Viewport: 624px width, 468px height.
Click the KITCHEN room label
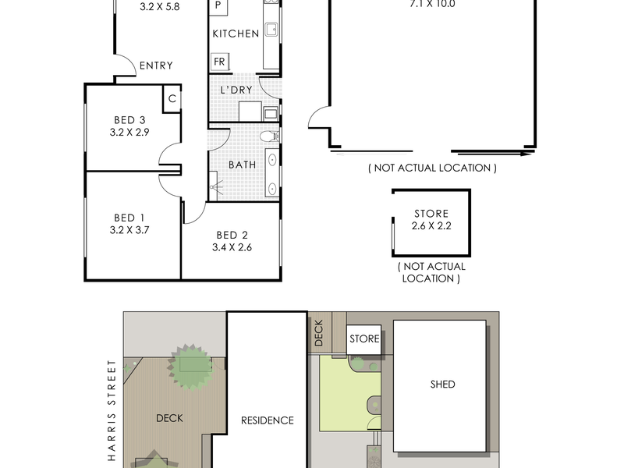click(236, 34)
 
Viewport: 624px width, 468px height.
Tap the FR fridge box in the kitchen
click(219, 62)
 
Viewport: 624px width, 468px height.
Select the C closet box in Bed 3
click(172, 98)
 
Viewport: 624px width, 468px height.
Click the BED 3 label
click(129, 120)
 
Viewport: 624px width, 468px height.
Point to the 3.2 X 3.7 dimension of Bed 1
click(129, 229)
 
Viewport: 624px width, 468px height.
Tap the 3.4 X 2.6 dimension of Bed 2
click(232, 247)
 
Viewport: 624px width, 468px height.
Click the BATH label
click(242, 165)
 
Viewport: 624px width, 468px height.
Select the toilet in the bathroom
click(269, 136)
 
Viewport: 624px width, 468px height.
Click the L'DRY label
click(236, 90)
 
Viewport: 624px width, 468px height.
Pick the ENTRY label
click(156, 66)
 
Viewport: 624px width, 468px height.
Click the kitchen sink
click(271, 30)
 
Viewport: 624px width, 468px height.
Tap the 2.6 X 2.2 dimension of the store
click(431, 225)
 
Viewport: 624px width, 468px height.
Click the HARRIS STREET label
click(112, 411)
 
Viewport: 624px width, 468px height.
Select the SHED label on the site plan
click(442, 384)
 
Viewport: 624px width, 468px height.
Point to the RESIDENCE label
click(268, 420)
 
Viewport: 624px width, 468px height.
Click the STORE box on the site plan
click(363, 339)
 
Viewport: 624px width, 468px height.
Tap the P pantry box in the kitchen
click(218, 7)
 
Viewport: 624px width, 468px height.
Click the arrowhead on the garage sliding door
click(527, 154)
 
